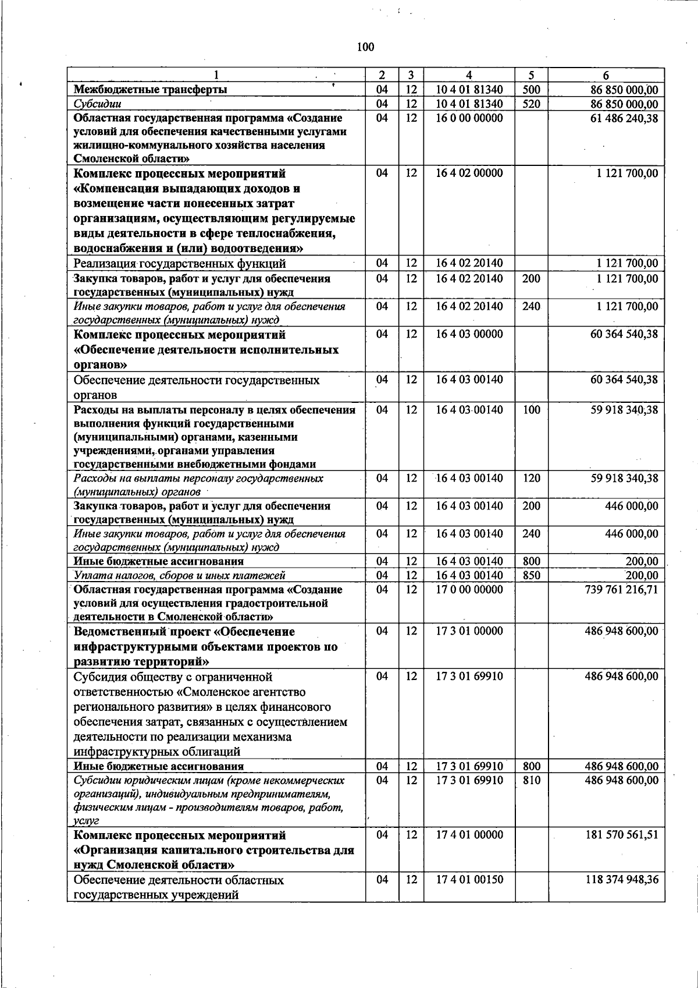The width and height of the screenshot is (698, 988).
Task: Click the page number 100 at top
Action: click(x=366, y=47)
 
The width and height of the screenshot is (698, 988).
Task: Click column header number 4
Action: click(x=469, y=75)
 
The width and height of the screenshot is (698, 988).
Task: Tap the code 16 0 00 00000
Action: click(x=469, y=118)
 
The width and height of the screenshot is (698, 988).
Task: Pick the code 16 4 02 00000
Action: click(x=469, y=173)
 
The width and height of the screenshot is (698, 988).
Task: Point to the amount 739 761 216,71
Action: click(x=621, y=590)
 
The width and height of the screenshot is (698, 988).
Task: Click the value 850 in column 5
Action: click(x=531, y=576)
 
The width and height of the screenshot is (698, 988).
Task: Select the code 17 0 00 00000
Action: click(x=469, y=590)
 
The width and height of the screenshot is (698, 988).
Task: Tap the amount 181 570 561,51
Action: click(x=621, y=835)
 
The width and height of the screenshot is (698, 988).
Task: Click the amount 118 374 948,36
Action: click(x=621, y=880)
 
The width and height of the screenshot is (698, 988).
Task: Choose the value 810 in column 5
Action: click(x=531, y=780)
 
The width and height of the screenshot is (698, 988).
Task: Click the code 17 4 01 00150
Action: click(x=469, y=880)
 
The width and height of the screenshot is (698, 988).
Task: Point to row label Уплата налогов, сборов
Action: click(x=179, y=576)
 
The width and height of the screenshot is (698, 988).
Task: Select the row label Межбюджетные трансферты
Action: click(x=150, y=90)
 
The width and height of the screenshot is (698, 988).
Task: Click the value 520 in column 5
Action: click(x=531, y=104)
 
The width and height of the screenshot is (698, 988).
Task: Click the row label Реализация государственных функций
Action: click(x=180, y=264)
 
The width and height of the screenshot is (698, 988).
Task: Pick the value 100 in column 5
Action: click(x=531, y=410)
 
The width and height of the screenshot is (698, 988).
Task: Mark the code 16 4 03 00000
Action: click(x=469, y=335)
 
